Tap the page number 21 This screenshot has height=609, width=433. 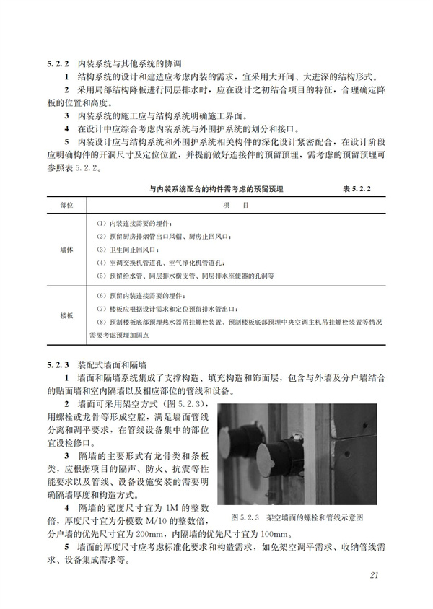(x=373, y=575)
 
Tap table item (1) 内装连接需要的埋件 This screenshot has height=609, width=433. (x=134, y=224)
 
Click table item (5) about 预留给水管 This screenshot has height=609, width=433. (x=185, y=276)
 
